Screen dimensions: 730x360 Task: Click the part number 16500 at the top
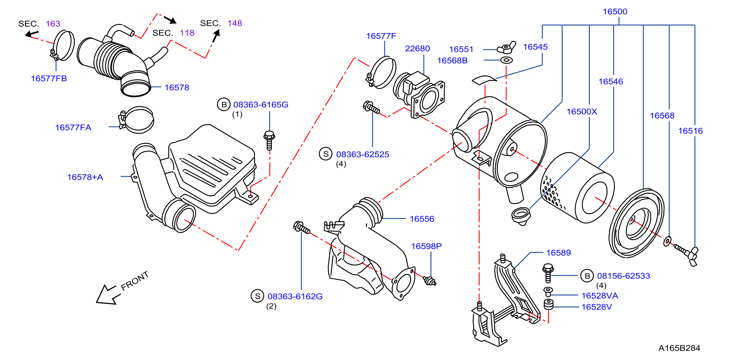[615, 12]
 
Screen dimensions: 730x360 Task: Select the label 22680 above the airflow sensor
[417, 49]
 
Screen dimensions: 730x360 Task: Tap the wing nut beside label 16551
[506, 48]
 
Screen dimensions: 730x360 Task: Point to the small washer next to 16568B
[506, 60]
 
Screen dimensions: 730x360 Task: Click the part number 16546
[611, 82]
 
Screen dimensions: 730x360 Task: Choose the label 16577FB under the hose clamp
[49, 79]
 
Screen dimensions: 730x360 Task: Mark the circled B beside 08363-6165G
[224, 105]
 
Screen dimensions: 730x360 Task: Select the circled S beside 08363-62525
[326, 154]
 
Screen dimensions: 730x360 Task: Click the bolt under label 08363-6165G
[269, 140]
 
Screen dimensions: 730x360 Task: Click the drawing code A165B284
[679, 348]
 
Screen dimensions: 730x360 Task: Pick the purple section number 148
[235, 23]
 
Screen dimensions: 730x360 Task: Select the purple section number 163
[53, 24]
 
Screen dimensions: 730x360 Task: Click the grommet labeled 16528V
[549, 304]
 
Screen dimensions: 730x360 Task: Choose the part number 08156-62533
[624, 276]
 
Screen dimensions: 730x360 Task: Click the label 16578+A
[85, 177]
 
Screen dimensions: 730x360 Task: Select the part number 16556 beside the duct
[422, 219]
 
